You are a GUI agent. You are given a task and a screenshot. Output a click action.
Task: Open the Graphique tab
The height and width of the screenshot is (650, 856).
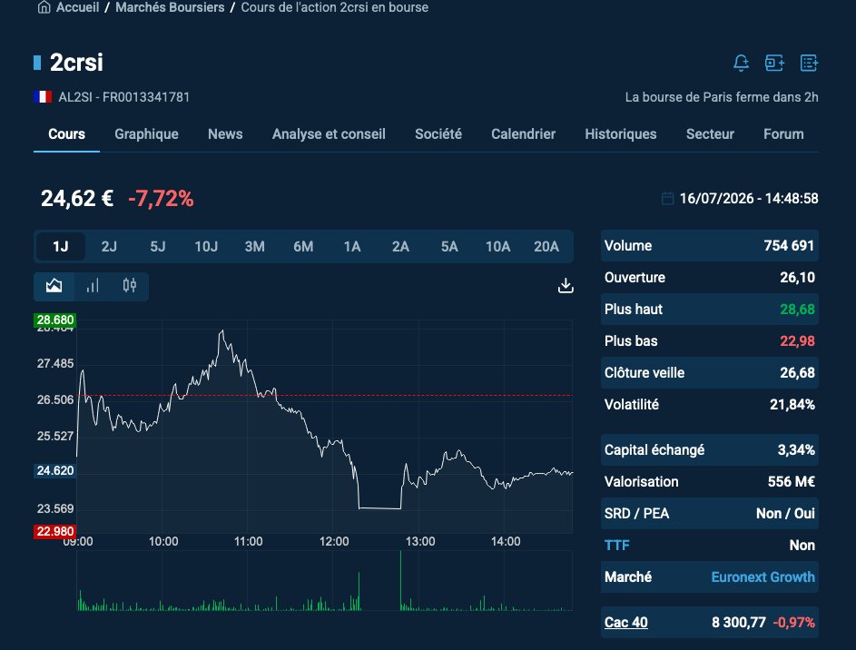(x=146, y=134)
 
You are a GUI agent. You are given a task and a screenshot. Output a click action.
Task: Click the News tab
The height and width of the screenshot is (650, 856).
(x=225, y=134)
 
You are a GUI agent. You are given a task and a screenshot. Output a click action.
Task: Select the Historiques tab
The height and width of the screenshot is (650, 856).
(x=621, y=134)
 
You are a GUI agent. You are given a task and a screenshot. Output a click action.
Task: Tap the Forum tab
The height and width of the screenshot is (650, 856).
(x=783, y=134)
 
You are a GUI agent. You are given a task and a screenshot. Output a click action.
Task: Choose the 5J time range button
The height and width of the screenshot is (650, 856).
(x=158, y=247)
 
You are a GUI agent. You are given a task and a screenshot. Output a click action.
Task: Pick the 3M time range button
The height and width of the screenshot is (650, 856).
(x=255, y=247)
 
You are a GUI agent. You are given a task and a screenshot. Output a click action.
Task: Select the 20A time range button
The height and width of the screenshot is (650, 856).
(x=546, y=247)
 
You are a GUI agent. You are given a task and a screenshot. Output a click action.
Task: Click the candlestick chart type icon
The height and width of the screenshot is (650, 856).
(x=130, y=285)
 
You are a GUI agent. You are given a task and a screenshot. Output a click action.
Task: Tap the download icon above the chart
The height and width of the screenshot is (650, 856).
(x=566, y=285)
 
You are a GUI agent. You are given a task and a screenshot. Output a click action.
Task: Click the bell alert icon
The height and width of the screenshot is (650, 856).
(x=741, y=63)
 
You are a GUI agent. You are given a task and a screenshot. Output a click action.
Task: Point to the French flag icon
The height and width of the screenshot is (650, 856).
(x=43, y=97)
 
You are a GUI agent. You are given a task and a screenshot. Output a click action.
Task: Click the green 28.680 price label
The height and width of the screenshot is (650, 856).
(x=55, y=320)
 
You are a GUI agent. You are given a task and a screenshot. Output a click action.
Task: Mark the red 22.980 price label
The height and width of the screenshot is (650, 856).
(x=55, y=532)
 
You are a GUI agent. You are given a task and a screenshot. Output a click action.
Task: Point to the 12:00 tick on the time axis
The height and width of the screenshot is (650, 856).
(x=334, y=541)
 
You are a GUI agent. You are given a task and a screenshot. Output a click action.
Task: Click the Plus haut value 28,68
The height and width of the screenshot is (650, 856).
(x=797, y=310)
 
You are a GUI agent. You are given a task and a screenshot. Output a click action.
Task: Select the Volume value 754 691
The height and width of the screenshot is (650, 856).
(x=789, y=246)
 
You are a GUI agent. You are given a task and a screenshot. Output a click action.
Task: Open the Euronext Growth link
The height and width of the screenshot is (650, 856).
(x=763, y=576)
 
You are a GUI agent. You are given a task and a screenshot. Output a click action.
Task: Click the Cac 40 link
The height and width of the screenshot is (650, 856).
(x=626, y=622)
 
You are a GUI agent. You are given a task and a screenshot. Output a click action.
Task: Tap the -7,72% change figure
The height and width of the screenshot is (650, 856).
(x=161, y=199)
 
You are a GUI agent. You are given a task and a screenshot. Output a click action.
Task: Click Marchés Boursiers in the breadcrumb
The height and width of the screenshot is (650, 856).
(x=170, y=7)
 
